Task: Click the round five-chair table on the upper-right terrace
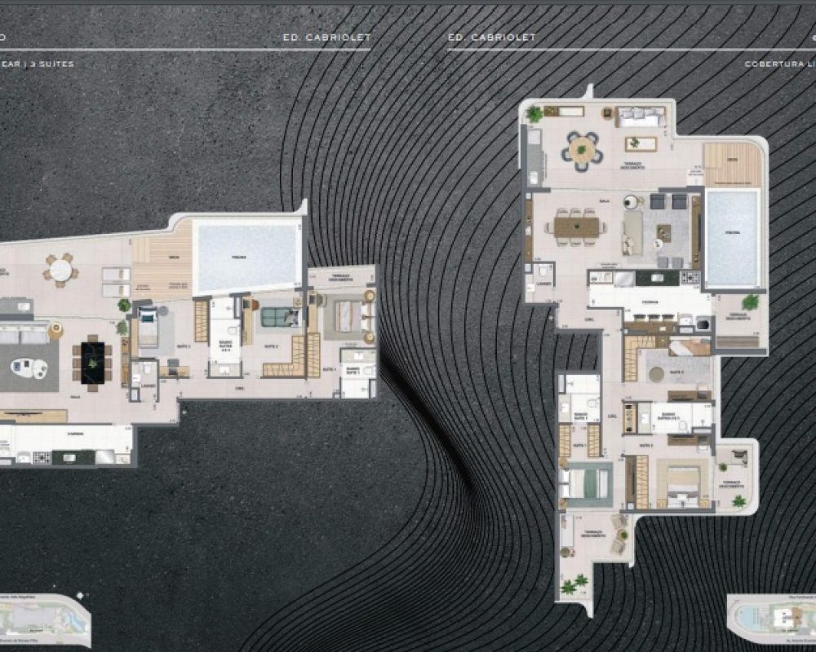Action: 583,150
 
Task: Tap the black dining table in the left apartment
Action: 92,360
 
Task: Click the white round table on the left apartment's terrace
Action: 60,270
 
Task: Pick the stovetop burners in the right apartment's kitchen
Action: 690,278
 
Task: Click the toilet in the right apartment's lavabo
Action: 541,271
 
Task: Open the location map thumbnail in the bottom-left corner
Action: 45,619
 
